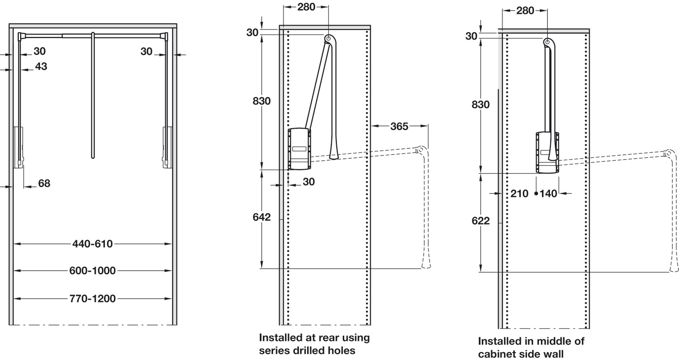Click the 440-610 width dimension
93,243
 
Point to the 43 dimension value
41,66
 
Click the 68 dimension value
44,183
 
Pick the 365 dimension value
398,127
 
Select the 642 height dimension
262,217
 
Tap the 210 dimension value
519,194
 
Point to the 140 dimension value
549,194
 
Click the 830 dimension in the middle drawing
261,101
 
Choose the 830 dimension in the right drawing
480,105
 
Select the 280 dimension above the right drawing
525,10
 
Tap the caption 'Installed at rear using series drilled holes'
314,344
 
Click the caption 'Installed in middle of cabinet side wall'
531,347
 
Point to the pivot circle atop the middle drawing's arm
328,38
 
